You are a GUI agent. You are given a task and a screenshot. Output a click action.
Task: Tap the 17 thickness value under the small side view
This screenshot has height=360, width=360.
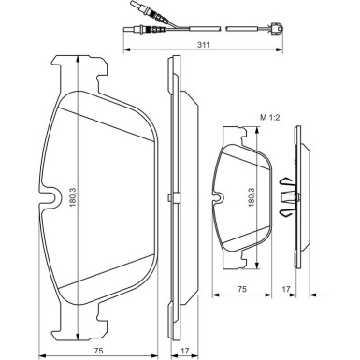[x=286, y=290]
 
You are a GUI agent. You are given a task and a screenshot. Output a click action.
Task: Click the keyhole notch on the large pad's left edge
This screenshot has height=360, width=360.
[x=52, y=197]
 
